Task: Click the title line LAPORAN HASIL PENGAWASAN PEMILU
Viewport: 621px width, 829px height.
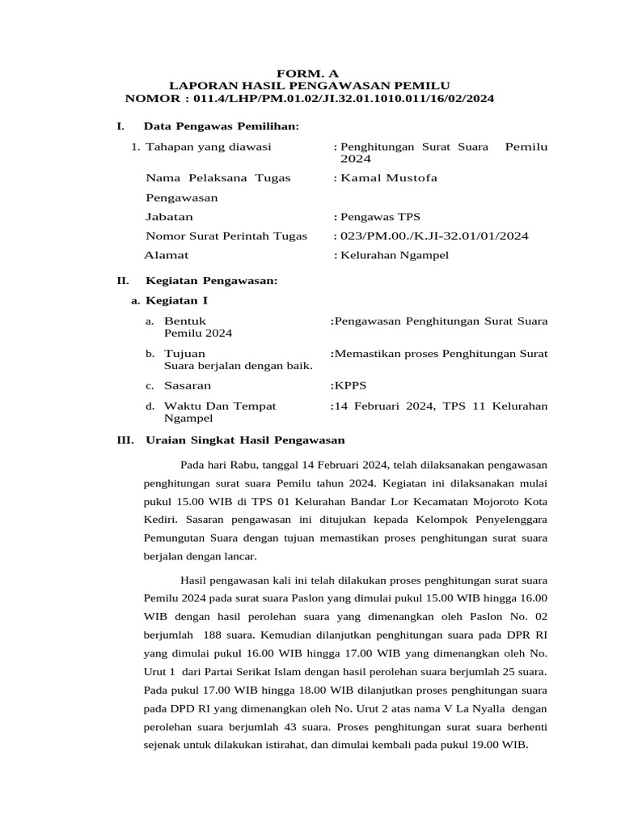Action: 309,85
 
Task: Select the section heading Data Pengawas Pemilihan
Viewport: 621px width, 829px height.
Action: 221,126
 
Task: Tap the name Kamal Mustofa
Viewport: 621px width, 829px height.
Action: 389,178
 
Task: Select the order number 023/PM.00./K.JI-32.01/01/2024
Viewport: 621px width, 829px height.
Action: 434,236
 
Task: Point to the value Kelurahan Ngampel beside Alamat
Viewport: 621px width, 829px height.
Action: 395,255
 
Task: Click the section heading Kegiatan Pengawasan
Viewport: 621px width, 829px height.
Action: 211,281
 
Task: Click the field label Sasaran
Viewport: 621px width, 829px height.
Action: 188,386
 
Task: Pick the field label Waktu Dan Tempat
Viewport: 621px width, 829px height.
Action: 220,406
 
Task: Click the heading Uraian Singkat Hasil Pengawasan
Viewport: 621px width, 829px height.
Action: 245,440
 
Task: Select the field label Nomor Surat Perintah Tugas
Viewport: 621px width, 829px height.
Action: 226,236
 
